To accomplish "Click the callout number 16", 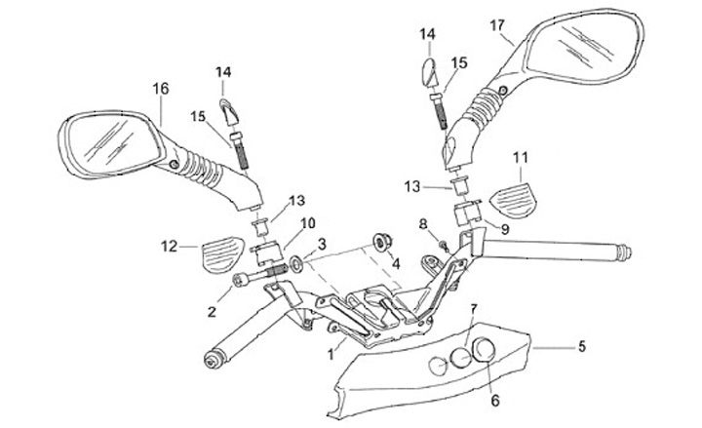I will (161, 88).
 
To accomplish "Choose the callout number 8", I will (423, 225).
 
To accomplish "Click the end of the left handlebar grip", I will (209, 360).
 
